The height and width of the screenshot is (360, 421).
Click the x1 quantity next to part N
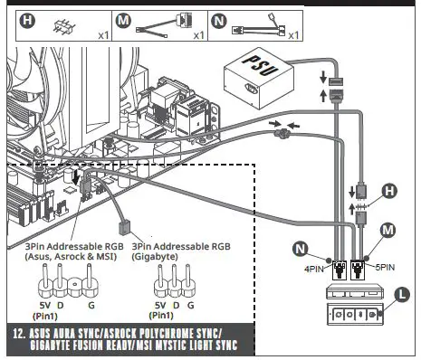(292, 34)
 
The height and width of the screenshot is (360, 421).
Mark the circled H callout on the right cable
(389, 192)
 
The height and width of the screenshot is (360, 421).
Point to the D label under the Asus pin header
(62, 306)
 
